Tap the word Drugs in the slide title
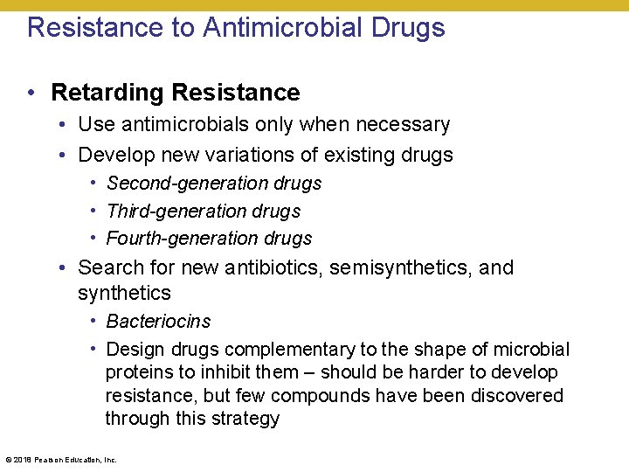click(x=409, y=27)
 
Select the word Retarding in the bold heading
click(x=108, y=92)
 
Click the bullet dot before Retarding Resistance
click(x=31, y=92)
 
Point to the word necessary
click(x=402, y=124)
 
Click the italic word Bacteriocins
click(x=158, y=322)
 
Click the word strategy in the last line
click(x=248, y=419)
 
